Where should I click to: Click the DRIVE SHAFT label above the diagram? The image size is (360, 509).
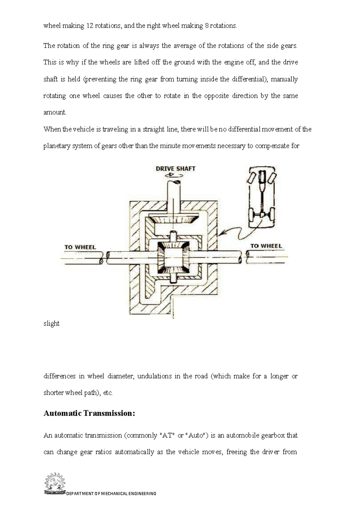click(175, 169)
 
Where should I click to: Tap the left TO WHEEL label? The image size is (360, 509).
click(80, 247)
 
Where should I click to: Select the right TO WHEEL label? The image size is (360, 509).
click(266, 246)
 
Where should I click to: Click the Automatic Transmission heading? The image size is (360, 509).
click(89, 413)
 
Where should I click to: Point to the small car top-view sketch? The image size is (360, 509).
click(262, 197)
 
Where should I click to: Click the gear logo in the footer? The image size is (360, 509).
click(55, 483)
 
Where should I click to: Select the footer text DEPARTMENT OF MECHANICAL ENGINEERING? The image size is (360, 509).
click(111, 493)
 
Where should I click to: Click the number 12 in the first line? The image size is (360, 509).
click(90, 26)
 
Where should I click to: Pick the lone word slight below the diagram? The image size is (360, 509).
click(51, 324)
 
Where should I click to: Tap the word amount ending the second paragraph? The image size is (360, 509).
click(55, 112)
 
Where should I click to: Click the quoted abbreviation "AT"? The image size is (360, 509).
click(167, 435)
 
